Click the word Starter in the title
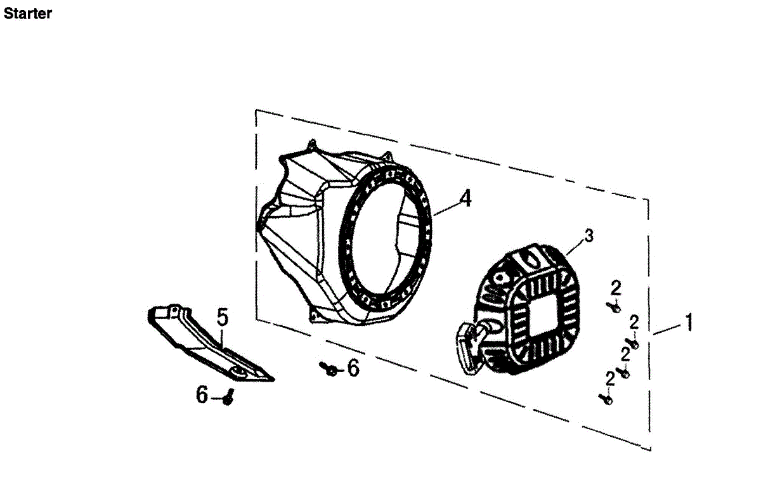[27, 13]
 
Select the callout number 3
[589, 236]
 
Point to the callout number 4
[465, 198]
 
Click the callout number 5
[221, 317]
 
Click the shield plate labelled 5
[203, 342]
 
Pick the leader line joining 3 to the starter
[574, 246]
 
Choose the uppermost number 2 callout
[615, 288]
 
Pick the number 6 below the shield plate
[202, 396]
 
